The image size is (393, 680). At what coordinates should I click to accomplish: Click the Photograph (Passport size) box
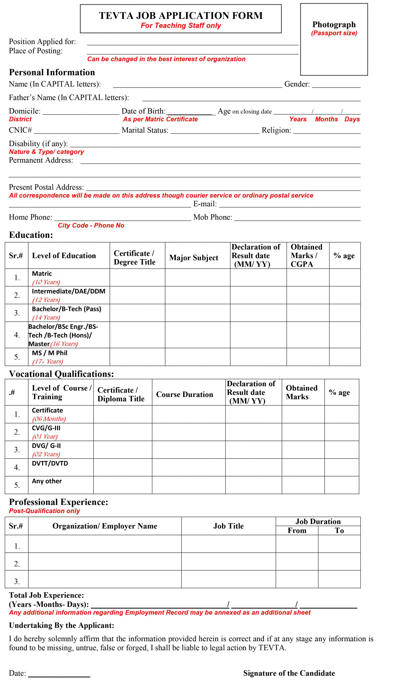point(334,39)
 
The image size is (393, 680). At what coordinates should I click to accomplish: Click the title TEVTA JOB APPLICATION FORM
point(181,15)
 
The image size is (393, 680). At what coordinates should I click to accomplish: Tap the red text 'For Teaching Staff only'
point(181,25)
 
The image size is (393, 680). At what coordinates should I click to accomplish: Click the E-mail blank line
point(289,205)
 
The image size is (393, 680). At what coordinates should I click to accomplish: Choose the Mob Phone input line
point(297,218)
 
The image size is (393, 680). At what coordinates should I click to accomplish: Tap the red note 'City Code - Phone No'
point(91,226)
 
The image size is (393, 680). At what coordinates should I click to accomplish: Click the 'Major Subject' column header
point(193,258)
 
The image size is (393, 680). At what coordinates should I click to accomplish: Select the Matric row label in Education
point(42,274)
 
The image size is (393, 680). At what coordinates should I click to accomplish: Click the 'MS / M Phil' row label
point(50,353)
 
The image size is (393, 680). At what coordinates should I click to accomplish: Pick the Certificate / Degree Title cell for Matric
point(137,278)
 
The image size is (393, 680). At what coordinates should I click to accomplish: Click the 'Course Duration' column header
point(185,394)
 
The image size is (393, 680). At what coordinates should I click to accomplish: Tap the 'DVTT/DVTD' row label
point(50,464)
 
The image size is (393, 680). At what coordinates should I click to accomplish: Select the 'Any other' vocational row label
point(47,481)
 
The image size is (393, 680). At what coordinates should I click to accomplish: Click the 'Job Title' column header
point(228,526)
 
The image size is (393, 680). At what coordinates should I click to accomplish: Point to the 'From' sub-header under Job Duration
point(297,530)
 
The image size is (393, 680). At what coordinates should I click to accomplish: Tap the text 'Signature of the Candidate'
point(289,673)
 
